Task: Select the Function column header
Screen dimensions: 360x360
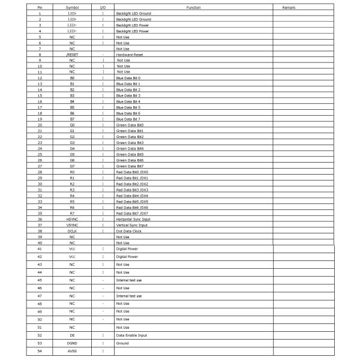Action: tap(193, 7)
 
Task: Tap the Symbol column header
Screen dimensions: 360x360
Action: tap(72, 7)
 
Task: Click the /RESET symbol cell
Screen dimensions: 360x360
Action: tap(72, 55)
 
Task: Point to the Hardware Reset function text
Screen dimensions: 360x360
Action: tap(130, 55)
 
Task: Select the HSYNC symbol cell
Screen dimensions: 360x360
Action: tap(72, 219)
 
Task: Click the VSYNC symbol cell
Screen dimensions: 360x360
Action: tap(72, 225)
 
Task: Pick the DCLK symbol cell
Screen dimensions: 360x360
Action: tap(72, 231)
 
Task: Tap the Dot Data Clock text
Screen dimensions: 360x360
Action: tap(128, 231)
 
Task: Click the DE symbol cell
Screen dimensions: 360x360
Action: tap(72, 335)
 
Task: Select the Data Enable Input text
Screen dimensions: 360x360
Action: tap(131, 335)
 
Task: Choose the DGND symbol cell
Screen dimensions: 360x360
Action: tap(72, 343)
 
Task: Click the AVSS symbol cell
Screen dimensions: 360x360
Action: tap(72, 351)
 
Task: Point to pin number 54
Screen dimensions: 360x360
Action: tap(40, 351)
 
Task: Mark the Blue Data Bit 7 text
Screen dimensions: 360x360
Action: tap(128, 119)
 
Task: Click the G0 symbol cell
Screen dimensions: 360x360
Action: tap(72, 125)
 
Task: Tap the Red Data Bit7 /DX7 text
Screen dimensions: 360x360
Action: tap(132, 213)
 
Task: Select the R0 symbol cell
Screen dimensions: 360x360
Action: tap(72, 172)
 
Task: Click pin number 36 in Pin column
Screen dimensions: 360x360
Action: tap(40, 219)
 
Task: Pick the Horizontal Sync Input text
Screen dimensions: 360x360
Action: tap(133, 219)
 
